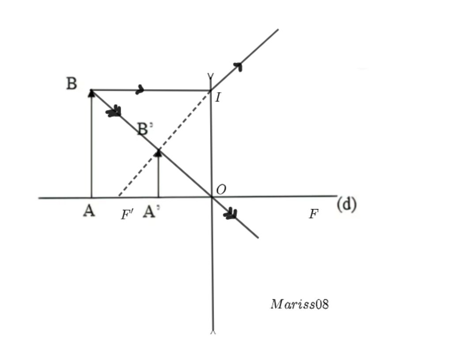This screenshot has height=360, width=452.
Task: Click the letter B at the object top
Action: tap(72, 83)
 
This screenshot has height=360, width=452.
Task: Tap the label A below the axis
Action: tap(89, 211)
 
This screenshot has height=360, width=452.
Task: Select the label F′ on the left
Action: tap(127, 215)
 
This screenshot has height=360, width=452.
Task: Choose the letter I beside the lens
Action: tap(218, 98)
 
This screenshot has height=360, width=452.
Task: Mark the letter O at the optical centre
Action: tap(221, 190)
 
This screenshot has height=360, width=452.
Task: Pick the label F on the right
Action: tap(313, 215)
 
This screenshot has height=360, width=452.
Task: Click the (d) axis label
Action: tap(347, 204)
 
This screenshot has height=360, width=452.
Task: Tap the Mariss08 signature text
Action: tap(299, 304)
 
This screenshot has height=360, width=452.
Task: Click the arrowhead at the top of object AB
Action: tap(91, 93)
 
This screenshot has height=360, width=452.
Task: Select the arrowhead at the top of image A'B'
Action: tap(158, 153)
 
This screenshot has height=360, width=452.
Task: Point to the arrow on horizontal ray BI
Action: tap(140, 90)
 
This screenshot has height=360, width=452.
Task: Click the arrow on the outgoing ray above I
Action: tap(238, 67)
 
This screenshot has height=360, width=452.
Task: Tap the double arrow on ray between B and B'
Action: tap(114, 111)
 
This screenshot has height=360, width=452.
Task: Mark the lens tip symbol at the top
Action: tap(211, 77)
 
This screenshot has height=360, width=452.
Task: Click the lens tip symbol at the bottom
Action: tap(213, 332)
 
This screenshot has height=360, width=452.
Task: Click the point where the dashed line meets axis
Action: tap(118, 197)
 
